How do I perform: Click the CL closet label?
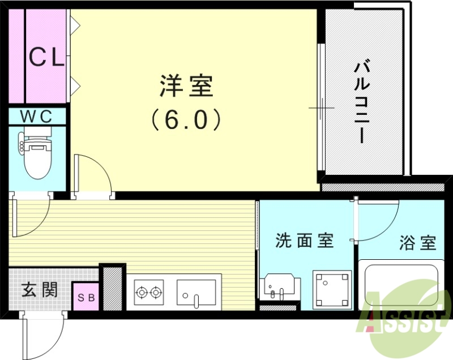(x=46, y=57)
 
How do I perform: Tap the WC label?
(x=37, y=116)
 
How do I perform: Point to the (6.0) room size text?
(x=185, y=119)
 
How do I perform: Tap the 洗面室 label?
(x=304, y=241)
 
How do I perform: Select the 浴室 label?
(x=417, y=243)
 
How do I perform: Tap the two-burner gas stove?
(x=149, y=293)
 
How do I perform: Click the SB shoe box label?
(x=86, y=298)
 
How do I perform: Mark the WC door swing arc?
(x=31, y=217)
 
